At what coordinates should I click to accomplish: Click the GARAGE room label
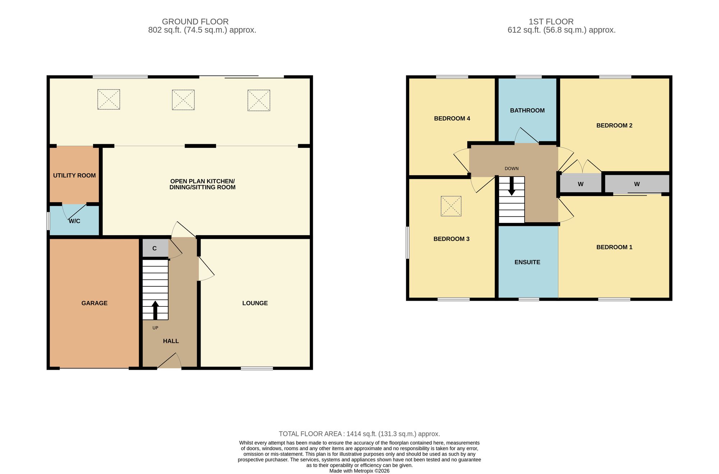(95, 303)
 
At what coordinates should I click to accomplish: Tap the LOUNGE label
(255, 303)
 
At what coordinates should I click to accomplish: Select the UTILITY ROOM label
(74, 176)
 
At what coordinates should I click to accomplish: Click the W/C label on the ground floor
(74, 221)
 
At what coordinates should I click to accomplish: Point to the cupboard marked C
(155, 248)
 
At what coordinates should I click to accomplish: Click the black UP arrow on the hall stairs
(155, 310)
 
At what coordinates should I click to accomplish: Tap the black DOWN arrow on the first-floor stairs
(512, 186)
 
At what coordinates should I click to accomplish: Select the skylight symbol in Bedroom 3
(451, 206)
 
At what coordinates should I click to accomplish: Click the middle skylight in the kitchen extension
(183, 100)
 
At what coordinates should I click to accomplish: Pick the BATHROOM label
(527, 110)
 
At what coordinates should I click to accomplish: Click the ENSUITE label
(527, 262)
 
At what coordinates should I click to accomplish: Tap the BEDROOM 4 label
(452, 118)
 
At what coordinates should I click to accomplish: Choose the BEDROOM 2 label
(614, 126)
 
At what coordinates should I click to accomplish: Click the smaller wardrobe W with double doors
(581, 184)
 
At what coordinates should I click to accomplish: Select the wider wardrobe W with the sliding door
(637, 184)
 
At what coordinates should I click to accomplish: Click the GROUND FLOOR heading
(195, 22)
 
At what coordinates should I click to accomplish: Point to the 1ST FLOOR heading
(551, 22)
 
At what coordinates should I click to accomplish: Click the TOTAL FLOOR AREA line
(359, 434)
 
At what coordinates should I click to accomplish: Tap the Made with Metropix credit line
(359, 471)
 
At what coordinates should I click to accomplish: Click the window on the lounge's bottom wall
(257, 368)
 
